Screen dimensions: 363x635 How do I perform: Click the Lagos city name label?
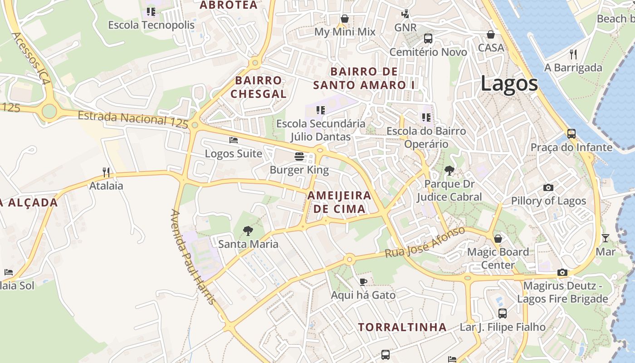coord(509,84)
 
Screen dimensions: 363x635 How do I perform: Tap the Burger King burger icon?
coord(299,157)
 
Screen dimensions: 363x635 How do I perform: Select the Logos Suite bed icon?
coord(234,140)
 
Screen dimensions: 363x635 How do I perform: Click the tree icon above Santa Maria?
coord(248,231)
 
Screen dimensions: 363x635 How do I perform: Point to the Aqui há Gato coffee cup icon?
coord(363,282)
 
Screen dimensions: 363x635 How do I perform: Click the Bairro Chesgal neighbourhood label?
coord(259,87)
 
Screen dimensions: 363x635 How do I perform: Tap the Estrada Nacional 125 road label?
coord(132,119)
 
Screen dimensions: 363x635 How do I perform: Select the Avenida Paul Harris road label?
coord(192,257)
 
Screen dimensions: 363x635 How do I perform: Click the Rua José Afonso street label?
coord(425,243)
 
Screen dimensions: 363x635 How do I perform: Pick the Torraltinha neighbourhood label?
coord(402,327)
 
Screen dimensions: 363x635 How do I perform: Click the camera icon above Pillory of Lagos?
coord(548,188)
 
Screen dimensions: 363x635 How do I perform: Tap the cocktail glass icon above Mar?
coord(606,238)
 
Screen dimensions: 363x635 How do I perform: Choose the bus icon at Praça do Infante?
coord(571,134)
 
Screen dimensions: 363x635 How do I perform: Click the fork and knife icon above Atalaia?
coord(106,172)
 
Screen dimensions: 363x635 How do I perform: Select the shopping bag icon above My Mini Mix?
coord(345,19)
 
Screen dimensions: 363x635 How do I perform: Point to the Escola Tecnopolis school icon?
coord(151,11)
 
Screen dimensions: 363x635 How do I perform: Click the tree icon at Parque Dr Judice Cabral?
coord(449,171)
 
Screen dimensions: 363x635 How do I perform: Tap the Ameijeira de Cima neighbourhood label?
coord(339,202)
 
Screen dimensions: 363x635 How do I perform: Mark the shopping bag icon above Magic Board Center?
coord(498,239)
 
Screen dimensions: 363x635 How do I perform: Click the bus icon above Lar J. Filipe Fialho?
coord(503,313)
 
